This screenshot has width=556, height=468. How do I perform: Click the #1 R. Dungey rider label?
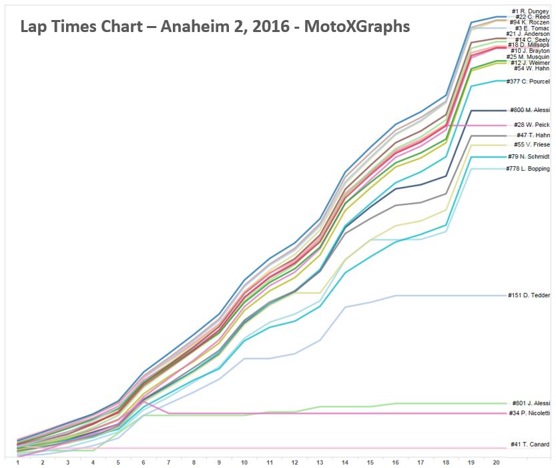[x=530, y=11]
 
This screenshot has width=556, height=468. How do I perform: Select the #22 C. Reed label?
[x=531, y=17]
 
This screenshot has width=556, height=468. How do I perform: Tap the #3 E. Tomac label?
[x=532, y=29]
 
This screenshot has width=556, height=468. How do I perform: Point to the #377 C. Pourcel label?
[x=529, y=81]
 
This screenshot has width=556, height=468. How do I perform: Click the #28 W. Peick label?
[x=532, y=125]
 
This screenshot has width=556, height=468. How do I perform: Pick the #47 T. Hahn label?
[x=533, y=136]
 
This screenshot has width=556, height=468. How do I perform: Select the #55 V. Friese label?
[x=532, y=145]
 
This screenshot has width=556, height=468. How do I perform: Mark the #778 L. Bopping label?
[x=528, y=169]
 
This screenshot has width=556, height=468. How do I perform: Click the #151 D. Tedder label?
[x=529, y=295]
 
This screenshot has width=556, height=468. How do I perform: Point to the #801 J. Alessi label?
[x=531, y=403]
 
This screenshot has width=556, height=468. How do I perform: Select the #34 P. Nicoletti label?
[x=529, y=414]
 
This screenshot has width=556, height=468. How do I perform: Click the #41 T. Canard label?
[x=530, y=445]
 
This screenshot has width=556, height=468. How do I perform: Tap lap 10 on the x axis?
[x=244, y=462]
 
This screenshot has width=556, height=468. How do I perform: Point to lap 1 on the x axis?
[x=17, y=462]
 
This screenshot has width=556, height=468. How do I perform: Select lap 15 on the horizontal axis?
[x=370, y=462]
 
